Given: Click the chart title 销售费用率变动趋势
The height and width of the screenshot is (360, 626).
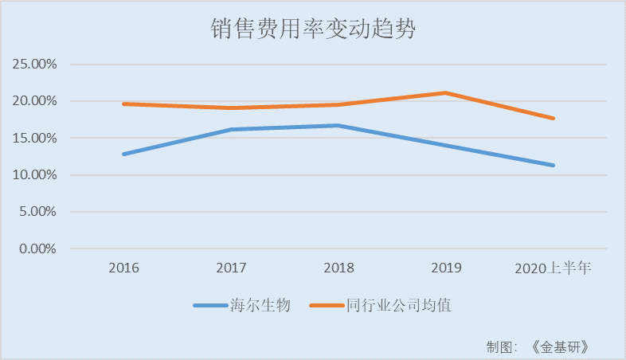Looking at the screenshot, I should (314, 29).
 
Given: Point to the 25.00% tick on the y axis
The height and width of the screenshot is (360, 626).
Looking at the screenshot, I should (34, 65).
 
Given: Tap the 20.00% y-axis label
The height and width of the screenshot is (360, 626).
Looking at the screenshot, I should (34, 101).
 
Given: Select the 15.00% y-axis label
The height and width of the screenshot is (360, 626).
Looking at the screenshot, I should (34, 138).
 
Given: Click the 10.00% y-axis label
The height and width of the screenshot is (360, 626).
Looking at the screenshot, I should (34, 175).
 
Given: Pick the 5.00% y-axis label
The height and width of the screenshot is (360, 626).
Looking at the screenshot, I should (37, 212).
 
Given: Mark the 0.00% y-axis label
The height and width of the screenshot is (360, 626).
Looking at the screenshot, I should (37, 248).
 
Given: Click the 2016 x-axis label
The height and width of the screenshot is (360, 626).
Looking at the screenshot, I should (124, 268).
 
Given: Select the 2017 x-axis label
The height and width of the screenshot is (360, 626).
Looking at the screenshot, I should (231, 268).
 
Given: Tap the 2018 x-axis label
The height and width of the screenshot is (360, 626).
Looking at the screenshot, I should (338, 268).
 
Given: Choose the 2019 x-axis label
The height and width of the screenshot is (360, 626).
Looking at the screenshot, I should (445, 268).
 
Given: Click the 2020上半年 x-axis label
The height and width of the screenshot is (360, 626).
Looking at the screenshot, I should (552, 268).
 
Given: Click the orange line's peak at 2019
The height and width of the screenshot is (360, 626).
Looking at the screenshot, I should (445, 92).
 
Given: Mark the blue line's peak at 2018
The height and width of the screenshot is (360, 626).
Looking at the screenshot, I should (338, 125).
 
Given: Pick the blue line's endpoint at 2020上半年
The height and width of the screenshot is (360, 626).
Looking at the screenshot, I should (553, 165).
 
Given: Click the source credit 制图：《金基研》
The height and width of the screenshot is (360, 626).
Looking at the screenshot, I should (542, 346).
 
